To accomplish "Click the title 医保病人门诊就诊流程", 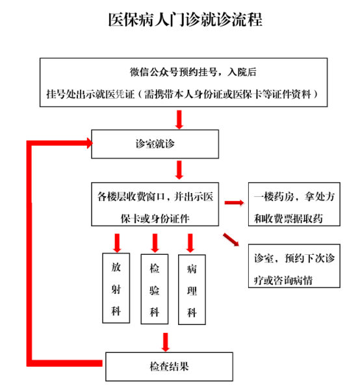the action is click(x=185, y=20).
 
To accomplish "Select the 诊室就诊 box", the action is click(x=155, y=144).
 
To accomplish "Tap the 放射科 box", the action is click(x=116, y=288).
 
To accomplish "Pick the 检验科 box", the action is click(x=155, y=289).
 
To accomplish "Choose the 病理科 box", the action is click(x=192, y=290).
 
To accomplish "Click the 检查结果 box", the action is click(x=169, y=367).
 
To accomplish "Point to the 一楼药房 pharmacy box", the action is click(x=294, y=204).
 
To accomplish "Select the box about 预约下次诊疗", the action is click(x=294, y=266).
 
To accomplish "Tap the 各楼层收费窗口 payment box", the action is click(x=155, y=204).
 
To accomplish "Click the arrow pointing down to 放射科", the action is click(x=117, y=243).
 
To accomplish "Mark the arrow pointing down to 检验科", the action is click(x=155, y=243).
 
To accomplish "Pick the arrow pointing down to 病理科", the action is click(x=190, y=243).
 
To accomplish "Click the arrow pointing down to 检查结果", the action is click(x=166, y=342).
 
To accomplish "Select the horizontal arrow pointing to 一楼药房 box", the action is click(x=234, y=202).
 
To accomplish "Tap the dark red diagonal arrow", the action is click(x=231, y=239).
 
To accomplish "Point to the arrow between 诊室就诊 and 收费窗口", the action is click(x=179, y=170).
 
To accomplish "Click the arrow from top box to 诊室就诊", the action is click(x=179, y=120).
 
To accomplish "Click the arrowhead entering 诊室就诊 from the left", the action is click(x=90, y=143).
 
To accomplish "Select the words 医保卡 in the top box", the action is click(x=248, y=94).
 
